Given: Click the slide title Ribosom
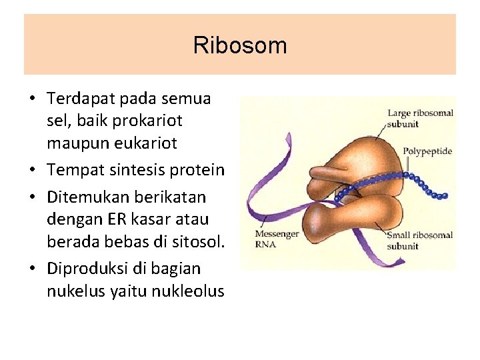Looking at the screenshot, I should pos(240,45).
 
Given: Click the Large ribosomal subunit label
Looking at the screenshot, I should pos(420,118).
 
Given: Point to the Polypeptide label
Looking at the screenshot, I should pos(427,151).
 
